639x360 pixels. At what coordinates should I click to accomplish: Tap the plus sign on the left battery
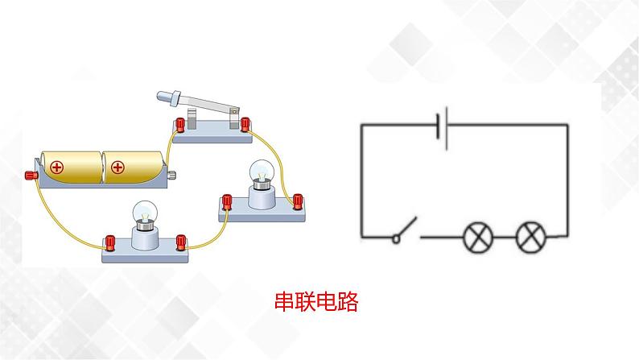(x=56, y=168)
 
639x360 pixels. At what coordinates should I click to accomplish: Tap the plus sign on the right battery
(x=117, y=168)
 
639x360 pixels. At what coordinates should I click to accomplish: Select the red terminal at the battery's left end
(x=31, y=174)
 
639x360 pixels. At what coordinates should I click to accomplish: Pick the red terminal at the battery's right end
(x=171, y=175)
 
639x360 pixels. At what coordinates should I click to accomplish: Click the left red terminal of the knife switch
(x=180, y=124)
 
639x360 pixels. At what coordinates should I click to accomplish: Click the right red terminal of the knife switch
(x=245, y=123)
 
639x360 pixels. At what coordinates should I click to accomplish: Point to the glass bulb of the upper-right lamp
(x=260, y=171)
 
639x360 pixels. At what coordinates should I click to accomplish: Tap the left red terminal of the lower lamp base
(x=110, y=241)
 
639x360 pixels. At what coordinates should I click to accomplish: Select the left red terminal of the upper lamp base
(x=228, y=200)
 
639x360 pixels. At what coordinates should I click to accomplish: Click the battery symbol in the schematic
(x=442, y=126)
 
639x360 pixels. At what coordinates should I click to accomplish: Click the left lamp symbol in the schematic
(x=476, y=237)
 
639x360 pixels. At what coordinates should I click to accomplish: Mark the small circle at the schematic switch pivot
(x=396, y=238)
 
